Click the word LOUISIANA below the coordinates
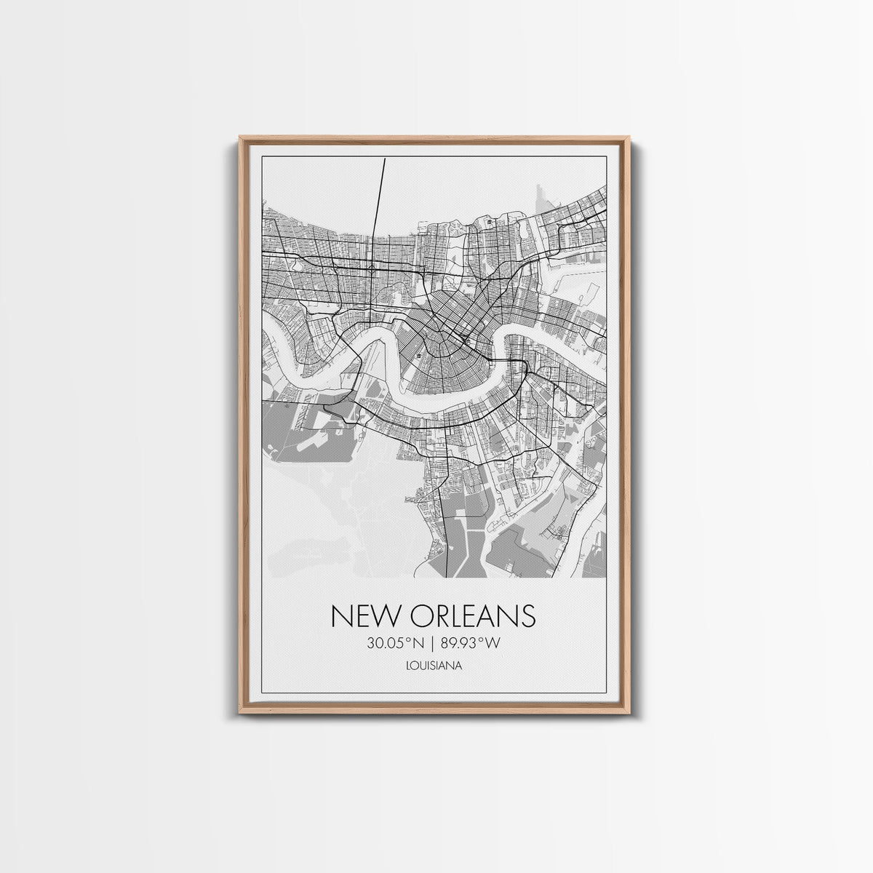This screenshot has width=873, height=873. pyautogui.click(x=434, y=664)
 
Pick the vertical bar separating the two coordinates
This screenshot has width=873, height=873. pyautogui.click(x=434, y=642)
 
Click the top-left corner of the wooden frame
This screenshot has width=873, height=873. pyautogui.click(x=240, y=137)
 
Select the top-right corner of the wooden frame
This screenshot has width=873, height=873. pyautogui.click(x=629, y=137)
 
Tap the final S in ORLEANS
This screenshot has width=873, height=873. pyautogui.click(x=528, y=615)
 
